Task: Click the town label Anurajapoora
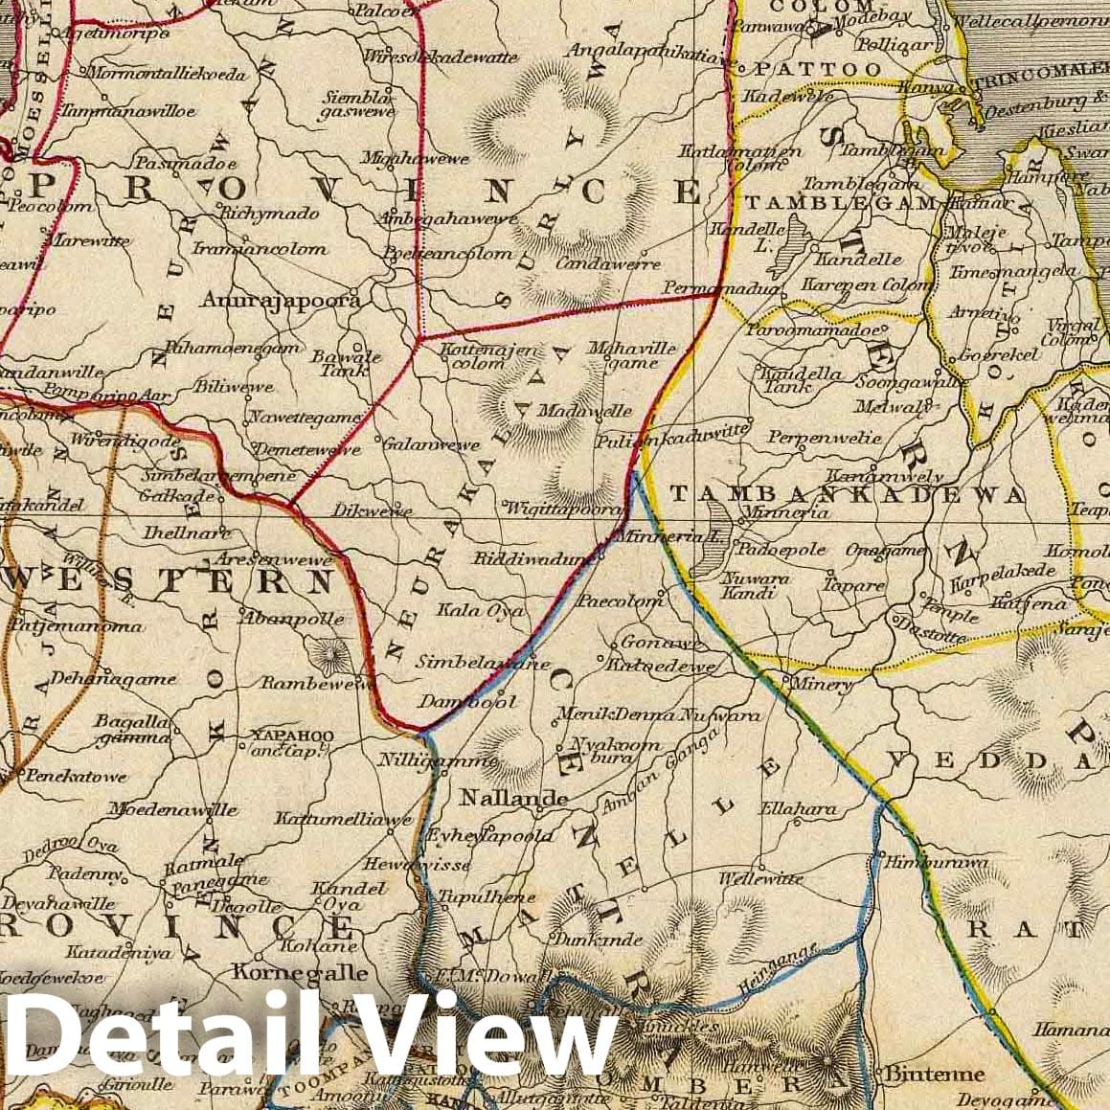281,301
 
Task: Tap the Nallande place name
513,798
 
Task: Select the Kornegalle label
300,972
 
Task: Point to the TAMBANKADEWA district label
847,494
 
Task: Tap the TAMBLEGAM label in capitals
840,203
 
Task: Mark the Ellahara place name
797,809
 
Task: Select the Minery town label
817,685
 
